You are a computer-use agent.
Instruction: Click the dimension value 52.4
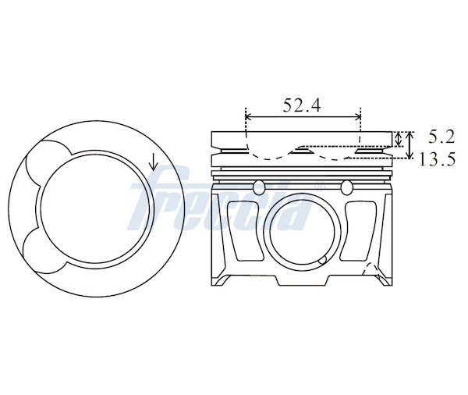tap(302, 105)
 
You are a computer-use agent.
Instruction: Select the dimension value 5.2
tap(441, 137)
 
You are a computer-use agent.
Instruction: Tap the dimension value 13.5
tap(438, 158)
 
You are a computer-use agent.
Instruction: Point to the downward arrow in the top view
tap(154, 162)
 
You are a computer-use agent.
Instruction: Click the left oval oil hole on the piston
tap(258, 187)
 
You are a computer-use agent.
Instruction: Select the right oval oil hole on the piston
tap(347, 187)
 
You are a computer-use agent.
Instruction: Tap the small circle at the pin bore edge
tap(322, 261)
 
